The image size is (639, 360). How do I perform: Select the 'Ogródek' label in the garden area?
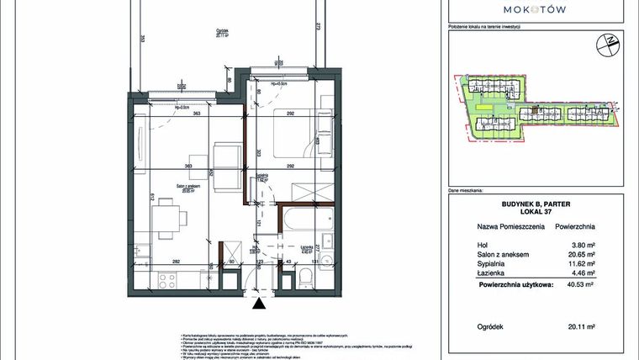[221, 31]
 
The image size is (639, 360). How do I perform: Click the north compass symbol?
[604, 43]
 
